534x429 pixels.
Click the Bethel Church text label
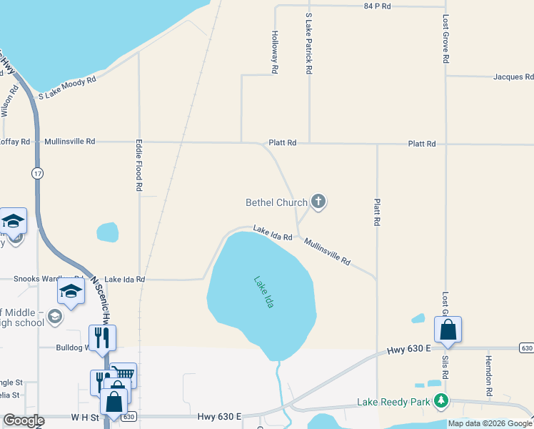tap(276, 203)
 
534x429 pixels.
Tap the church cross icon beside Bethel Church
tap(318, 202)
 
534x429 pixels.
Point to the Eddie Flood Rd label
tap(139, 164)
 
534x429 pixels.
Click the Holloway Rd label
tap(275, 52)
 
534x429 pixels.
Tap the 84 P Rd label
tap(378, 6)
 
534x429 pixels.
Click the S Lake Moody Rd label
tap(67, 88)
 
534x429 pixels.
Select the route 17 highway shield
tap(36, 173)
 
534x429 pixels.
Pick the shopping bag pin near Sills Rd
tap(448, 330)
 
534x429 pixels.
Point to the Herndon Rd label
tap(489, 376)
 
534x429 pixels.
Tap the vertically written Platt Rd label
tap(376, 212)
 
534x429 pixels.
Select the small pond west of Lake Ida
tap(108, 232)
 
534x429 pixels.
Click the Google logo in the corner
tap(24, 421)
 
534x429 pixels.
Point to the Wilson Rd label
tap(9, 100)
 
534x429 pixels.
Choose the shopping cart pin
tap(124, 373)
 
